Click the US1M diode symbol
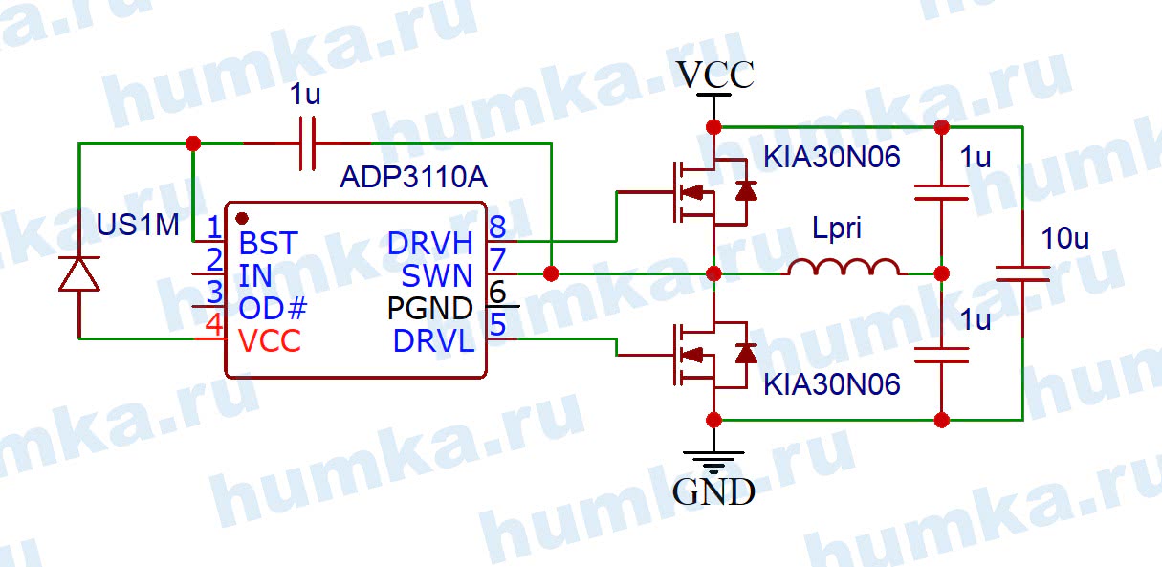point(78,273)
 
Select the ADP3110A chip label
point(412,178)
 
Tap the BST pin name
point(268,242)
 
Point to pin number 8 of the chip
point(497,228)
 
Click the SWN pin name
point(437,275)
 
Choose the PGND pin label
point(429,308)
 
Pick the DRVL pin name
point(433,340)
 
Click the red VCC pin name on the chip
point(270,340)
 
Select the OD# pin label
point(274,308)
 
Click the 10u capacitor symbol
point(1021,273)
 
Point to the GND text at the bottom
point(713,491)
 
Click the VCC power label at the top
point(714,74)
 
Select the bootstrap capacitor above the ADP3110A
point(308,143)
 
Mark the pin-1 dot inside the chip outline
point(241,219)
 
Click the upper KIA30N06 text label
point(831,157)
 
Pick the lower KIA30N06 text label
point(831,384)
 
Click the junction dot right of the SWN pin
point(551,273)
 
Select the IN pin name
point(255,275)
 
